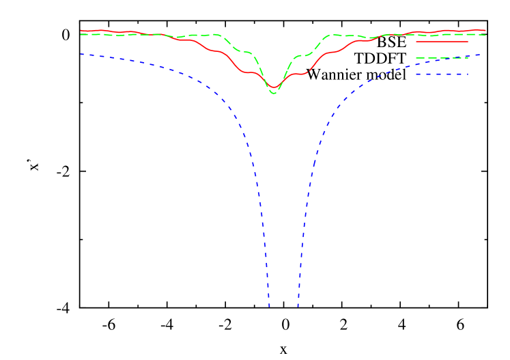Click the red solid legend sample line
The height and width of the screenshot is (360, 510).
(442, 42)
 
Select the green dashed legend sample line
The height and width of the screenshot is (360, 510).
(442, 58)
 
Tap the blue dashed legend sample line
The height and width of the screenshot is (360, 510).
(442, 74)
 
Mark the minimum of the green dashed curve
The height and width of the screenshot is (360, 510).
(274, 92)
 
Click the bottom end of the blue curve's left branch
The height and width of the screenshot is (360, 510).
(269, 307)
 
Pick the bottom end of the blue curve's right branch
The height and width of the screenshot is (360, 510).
(298, 307)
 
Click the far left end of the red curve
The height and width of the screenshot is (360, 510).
(81, 31)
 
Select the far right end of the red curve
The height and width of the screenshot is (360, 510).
(485, 31)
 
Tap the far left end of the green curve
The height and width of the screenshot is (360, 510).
(81, 34)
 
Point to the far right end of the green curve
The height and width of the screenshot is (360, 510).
(485, 35)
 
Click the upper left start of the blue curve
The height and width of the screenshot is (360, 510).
(81, 53)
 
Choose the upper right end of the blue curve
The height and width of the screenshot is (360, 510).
(481, 55)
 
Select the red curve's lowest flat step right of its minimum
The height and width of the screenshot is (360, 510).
(299, 73)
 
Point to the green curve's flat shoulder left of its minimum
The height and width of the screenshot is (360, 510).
(247, 52)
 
